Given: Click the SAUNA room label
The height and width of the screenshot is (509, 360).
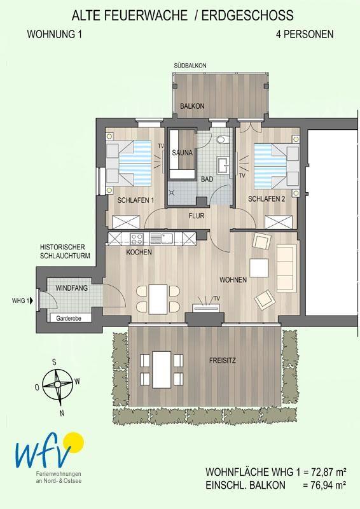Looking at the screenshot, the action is pyautogui.click(x=182, y=153).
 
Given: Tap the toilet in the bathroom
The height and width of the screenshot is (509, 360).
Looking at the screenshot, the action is pyautogui.click(x=223, y=139).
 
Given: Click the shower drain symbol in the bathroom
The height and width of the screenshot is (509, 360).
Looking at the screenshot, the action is pyautogui.click(x=172, y=193).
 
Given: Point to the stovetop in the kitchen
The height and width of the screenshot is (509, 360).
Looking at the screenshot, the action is pyautogui.click(x=136, y=239).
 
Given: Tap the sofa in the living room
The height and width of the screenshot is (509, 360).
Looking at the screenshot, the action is pyautogui.click(x=286, y=268).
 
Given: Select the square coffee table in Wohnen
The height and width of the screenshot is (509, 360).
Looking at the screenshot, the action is pyautogui.click(x=259, y=268).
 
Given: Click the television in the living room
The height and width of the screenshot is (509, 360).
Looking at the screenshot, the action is pyautogui.click(x=207, y=307).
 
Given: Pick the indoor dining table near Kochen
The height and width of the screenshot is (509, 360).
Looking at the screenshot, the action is pyautogui.click(x=158, y=299).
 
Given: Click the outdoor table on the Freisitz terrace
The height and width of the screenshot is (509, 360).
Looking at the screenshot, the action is pyautogui.click(x=162, y=370).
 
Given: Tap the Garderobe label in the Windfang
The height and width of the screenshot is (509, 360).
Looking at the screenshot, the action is pyautogui.click(x=69, y=319).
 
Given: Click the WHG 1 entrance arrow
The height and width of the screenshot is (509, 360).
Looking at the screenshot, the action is pyautogui.click(x=31, y=301).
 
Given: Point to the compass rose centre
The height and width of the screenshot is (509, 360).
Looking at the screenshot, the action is pyautogui.click(x=57, y=384).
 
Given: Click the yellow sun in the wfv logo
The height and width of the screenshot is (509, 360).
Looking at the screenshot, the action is pyautogui.click(x=73, y=442).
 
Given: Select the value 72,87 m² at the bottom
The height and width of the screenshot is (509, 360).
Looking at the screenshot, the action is pyautogui.click(x=328, y=471).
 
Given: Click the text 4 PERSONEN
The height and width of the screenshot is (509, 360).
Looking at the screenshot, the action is pyautogui.click(x=305, y=34).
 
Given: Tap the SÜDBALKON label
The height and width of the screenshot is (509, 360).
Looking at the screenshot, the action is pyautogui.click(x=190, y=66).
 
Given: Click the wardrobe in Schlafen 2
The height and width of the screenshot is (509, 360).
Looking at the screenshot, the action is pyautogui.click(x=279, y=222).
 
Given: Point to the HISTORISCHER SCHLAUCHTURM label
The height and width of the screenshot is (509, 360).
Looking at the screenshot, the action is pyautogui.click(x=65, y=251).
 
